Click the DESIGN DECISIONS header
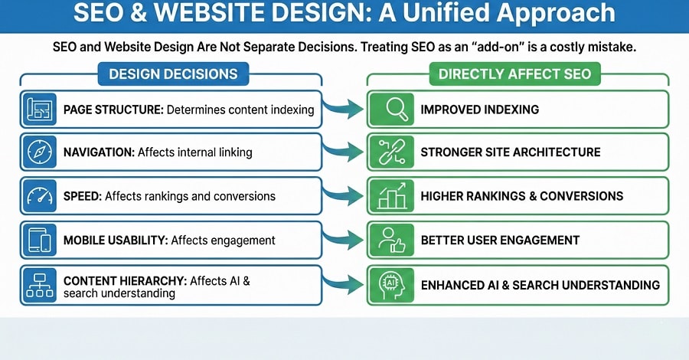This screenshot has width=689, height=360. coord(173,74)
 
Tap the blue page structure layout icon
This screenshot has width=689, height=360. coord(38,109)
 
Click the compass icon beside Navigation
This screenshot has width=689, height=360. coord(38,152)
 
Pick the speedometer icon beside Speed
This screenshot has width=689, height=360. coord(38,196)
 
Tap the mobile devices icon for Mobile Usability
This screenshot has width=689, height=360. coord(38,240)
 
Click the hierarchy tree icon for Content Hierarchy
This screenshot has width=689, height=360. coord(38,283)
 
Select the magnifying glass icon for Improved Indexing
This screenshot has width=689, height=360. coord(390,109)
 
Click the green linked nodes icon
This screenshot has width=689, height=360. coord(390,152)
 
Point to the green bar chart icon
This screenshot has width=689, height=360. coord(390,196)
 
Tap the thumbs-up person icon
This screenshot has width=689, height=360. coord(390,240)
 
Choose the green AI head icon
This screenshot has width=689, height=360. coord(390,284)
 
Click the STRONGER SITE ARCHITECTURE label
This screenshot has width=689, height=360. coord(510,152)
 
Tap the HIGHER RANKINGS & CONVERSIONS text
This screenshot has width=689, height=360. coord(522,196)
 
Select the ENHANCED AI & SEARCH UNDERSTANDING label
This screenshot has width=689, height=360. coord(540,285)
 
